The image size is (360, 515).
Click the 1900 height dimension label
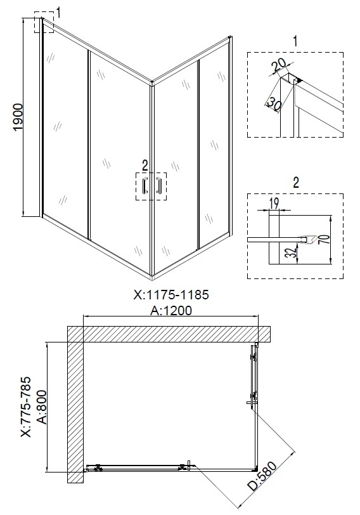click(x=18, y=117)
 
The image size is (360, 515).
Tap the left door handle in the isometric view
click(x=144, y=186)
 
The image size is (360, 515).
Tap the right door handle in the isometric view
click(x=159, y=186)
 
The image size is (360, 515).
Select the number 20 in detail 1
click(x=279, y=66)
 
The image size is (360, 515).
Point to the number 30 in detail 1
click(x=273, y=104)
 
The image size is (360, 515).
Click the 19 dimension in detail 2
click(x=273, y=204)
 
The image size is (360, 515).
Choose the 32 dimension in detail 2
click(x=292, y=252)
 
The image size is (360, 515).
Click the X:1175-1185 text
click(x=171, y=295)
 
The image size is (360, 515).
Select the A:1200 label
click(x=171, y=310)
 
